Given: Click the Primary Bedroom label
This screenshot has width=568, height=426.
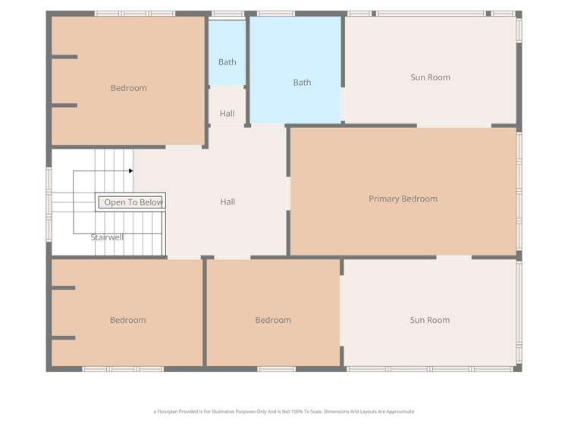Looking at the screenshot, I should (403, 199).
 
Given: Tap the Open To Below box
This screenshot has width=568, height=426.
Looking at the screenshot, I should (133, 202).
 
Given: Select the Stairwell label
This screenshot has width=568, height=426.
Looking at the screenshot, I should (107, 237).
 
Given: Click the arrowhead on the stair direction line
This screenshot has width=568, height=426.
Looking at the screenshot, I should (130, 171).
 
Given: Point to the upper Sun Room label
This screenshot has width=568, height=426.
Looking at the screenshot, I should (430, 77).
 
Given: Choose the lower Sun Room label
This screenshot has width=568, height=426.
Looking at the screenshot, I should (429, 320).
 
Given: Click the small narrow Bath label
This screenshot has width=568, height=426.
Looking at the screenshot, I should (227, 62).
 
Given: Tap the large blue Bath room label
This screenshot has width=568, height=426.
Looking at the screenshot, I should (302, 83).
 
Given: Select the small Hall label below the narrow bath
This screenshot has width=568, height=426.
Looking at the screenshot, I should (227, 114).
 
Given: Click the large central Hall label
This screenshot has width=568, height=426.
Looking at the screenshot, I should (228, 202).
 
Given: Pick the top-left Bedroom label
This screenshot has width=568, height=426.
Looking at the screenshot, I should (128, 88).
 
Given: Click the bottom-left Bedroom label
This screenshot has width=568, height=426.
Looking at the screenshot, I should (127, 320).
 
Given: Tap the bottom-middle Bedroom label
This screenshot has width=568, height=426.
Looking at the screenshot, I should (273, 320).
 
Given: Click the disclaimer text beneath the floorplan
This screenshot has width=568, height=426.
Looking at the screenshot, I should (284, 412).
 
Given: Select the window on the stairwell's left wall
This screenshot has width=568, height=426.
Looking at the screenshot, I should (49, 201).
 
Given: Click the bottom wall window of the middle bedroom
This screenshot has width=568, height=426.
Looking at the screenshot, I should (276, 369).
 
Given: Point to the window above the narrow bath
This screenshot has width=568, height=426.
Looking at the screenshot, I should (228, 14).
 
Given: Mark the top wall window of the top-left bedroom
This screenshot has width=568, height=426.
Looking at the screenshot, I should (135, 14).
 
